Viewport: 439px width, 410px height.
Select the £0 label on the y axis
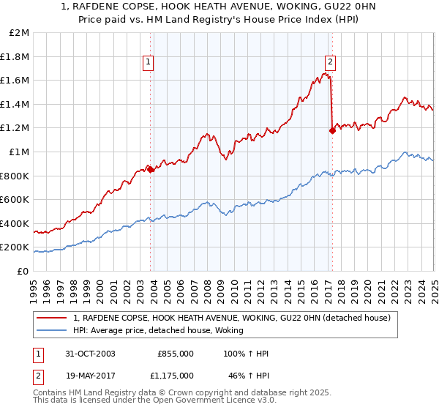pyautogui.click(x=22, y=271)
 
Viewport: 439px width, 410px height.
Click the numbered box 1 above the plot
pyautogui.click(x=149, y=62)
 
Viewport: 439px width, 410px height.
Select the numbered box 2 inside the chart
pyautogui.click(x=331, y=62)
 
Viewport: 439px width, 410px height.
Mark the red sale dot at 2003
pyautogui.click(x=151, y=169)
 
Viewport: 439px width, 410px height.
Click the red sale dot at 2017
pyautogui.click(x=332, y=131)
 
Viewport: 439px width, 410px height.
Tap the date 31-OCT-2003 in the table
pyautogui.click(x=90, y=354)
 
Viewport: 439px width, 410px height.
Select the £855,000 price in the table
pyautogui.click(x=176, y=354)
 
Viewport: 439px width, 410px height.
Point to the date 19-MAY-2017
pyautogui.click(x=91, y=375)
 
